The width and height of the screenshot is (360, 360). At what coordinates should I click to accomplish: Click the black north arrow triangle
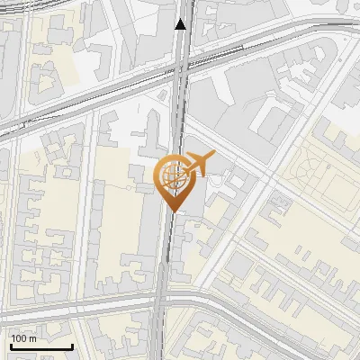(x=181, y=24)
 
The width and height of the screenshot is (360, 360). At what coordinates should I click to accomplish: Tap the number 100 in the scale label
(x=19, y=338)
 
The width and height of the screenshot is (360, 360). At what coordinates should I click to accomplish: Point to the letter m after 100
(x=33, y=338)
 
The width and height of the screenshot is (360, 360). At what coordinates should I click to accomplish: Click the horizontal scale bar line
(x=41, y=346)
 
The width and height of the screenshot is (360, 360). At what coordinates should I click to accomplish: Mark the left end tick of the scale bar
(x=11, y=345)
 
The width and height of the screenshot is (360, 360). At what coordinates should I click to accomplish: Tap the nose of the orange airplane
(x=213, y=156)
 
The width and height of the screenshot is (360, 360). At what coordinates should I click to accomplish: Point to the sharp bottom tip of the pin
(x=172, y=210)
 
